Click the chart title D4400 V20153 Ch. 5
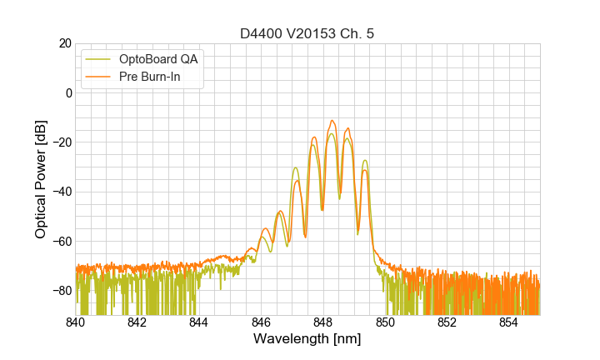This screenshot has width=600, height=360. (307, 33)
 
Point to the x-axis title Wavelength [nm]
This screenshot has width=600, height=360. (307, 339)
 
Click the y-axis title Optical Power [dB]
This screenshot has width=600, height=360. (41, 179)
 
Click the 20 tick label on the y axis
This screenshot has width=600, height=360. (63, 43)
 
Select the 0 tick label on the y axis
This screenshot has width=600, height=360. (67, 92)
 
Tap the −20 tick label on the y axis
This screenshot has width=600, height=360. (60, 142)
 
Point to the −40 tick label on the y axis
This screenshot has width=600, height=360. (60, 192)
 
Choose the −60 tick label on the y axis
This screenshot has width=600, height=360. (60, 241)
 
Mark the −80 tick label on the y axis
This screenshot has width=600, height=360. (60, 290)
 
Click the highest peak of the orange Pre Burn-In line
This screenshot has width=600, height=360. (332, 121)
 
